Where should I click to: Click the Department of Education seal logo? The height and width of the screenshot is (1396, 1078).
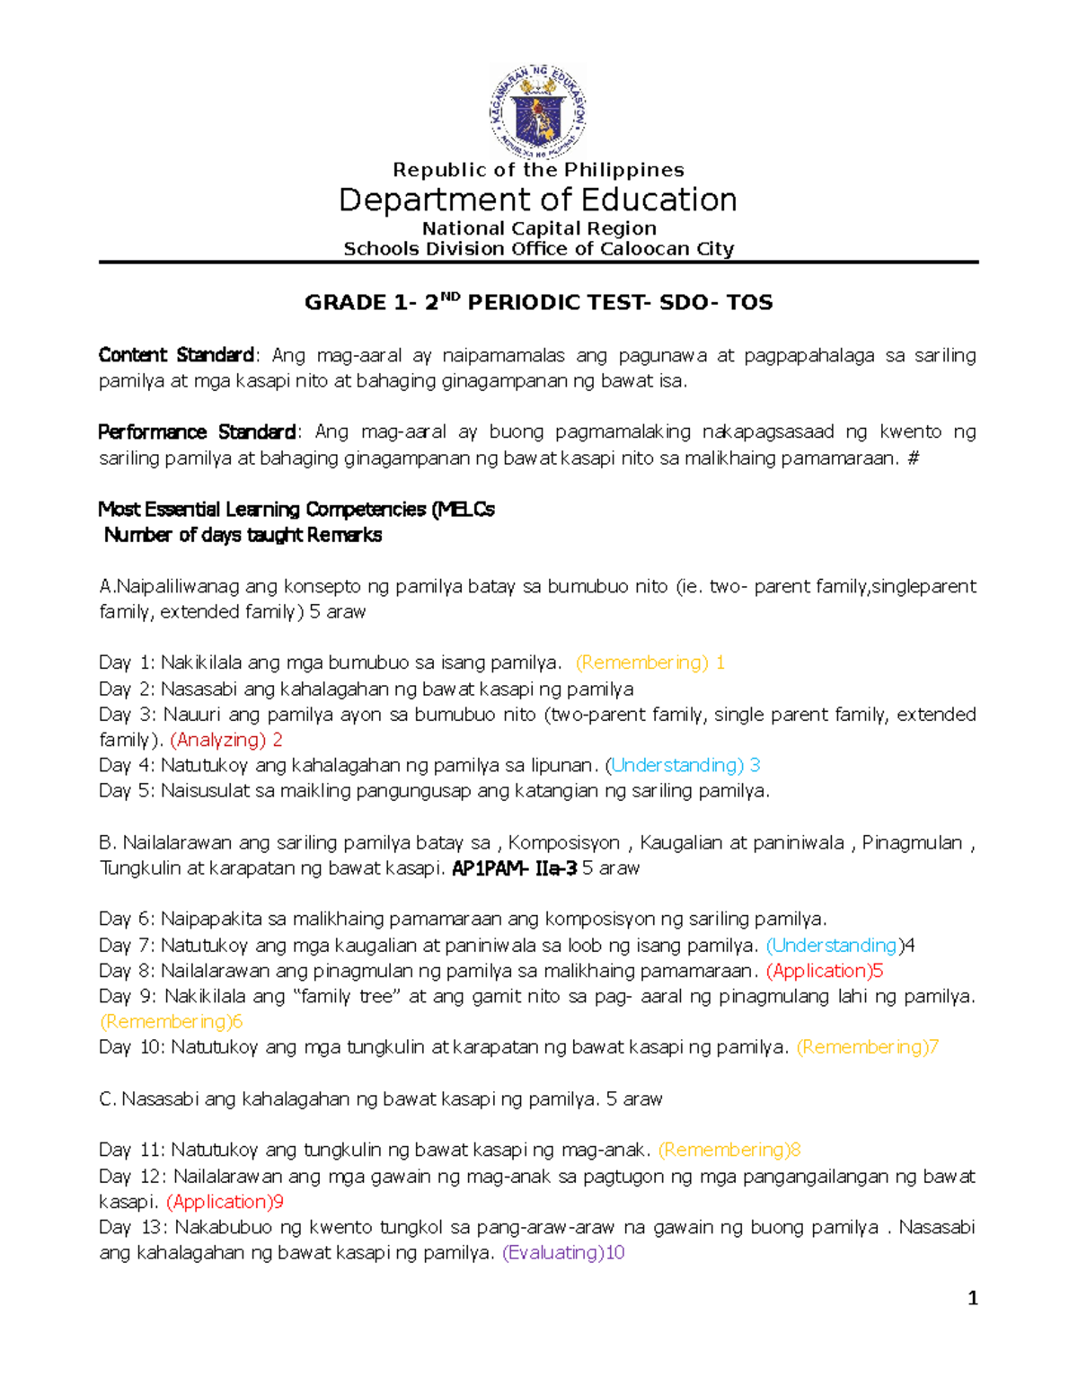pos(538,112)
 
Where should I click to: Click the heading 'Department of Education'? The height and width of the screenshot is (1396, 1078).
pos(538,200)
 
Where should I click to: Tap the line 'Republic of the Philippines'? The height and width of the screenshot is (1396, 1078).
pos(538,170)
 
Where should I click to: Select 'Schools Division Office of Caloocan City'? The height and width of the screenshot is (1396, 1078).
pos(538,249)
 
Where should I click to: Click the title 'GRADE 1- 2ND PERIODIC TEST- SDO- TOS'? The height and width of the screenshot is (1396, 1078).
pos(538,302)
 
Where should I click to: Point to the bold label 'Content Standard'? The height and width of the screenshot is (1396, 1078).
pos(177,355)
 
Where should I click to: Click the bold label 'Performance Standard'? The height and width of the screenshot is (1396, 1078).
pos(197,432)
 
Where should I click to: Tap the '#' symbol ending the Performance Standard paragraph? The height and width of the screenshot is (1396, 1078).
pos(914,458)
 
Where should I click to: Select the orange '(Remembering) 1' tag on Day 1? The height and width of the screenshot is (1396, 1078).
pos(649,663)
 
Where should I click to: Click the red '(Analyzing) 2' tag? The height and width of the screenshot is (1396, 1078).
pos(226,740)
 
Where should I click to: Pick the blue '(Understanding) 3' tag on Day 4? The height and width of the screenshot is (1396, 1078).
pos(683,765)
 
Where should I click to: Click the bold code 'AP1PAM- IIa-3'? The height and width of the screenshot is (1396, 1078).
pos(514,868)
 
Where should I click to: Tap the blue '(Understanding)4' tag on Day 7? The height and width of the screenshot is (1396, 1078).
pos(840,946)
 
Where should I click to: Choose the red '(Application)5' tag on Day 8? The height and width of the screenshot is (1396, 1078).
pos(825,971)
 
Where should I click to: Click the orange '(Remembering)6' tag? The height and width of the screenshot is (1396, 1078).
pos(171,1022)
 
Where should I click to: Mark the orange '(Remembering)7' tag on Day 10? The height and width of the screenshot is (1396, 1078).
pos(867,1047)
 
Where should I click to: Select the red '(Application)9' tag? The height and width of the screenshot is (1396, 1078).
pos(225,1202)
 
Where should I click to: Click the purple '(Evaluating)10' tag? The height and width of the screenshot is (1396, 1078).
pos(562,1253)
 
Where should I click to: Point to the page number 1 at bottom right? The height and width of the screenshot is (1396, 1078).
pos(972,1298)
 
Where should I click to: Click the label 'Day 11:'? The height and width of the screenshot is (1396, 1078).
pos(132,1151)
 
